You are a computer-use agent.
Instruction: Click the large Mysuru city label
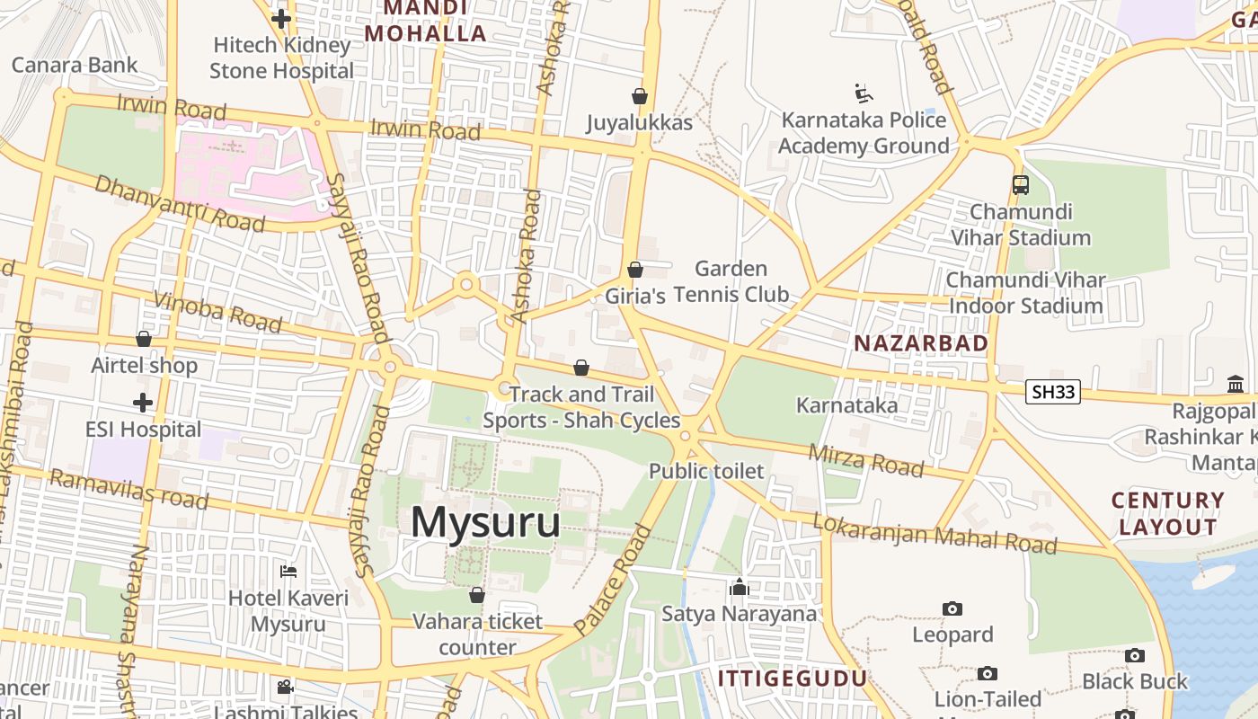(x=485, y=523)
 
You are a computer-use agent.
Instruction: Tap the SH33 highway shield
(x=1052, y=392)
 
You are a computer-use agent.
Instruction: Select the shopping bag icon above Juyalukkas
(x=640, y=95)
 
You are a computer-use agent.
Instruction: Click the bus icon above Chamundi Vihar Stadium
(x=1020, y=185)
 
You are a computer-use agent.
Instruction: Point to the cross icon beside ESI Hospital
(x=143, y=403)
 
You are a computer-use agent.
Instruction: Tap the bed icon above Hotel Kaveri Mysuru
(x=288, y=572)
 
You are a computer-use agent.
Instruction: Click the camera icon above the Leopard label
(x=952, y=609)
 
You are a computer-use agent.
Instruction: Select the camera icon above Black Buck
(x=1135, y=656)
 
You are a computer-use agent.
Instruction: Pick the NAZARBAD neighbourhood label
(x=921, y=342)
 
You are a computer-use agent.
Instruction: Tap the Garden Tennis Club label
(x=731, y=281)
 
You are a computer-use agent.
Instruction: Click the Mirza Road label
(x=865, y=459)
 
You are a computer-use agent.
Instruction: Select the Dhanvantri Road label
(x=180, y=203)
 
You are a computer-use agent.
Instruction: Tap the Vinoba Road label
(x=218, y=311)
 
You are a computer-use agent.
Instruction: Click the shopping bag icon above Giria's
(x=635, y=270)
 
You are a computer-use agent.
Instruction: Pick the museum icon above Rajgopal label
(x=1236, y=385)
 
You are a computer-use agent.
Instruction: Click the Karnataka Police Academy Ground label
(x=864, y=133)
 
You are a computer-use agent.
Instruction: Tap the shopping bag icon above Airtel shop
(x=144, y=339)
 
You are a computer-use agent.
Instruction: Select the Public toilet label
(x=706, y=471)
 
